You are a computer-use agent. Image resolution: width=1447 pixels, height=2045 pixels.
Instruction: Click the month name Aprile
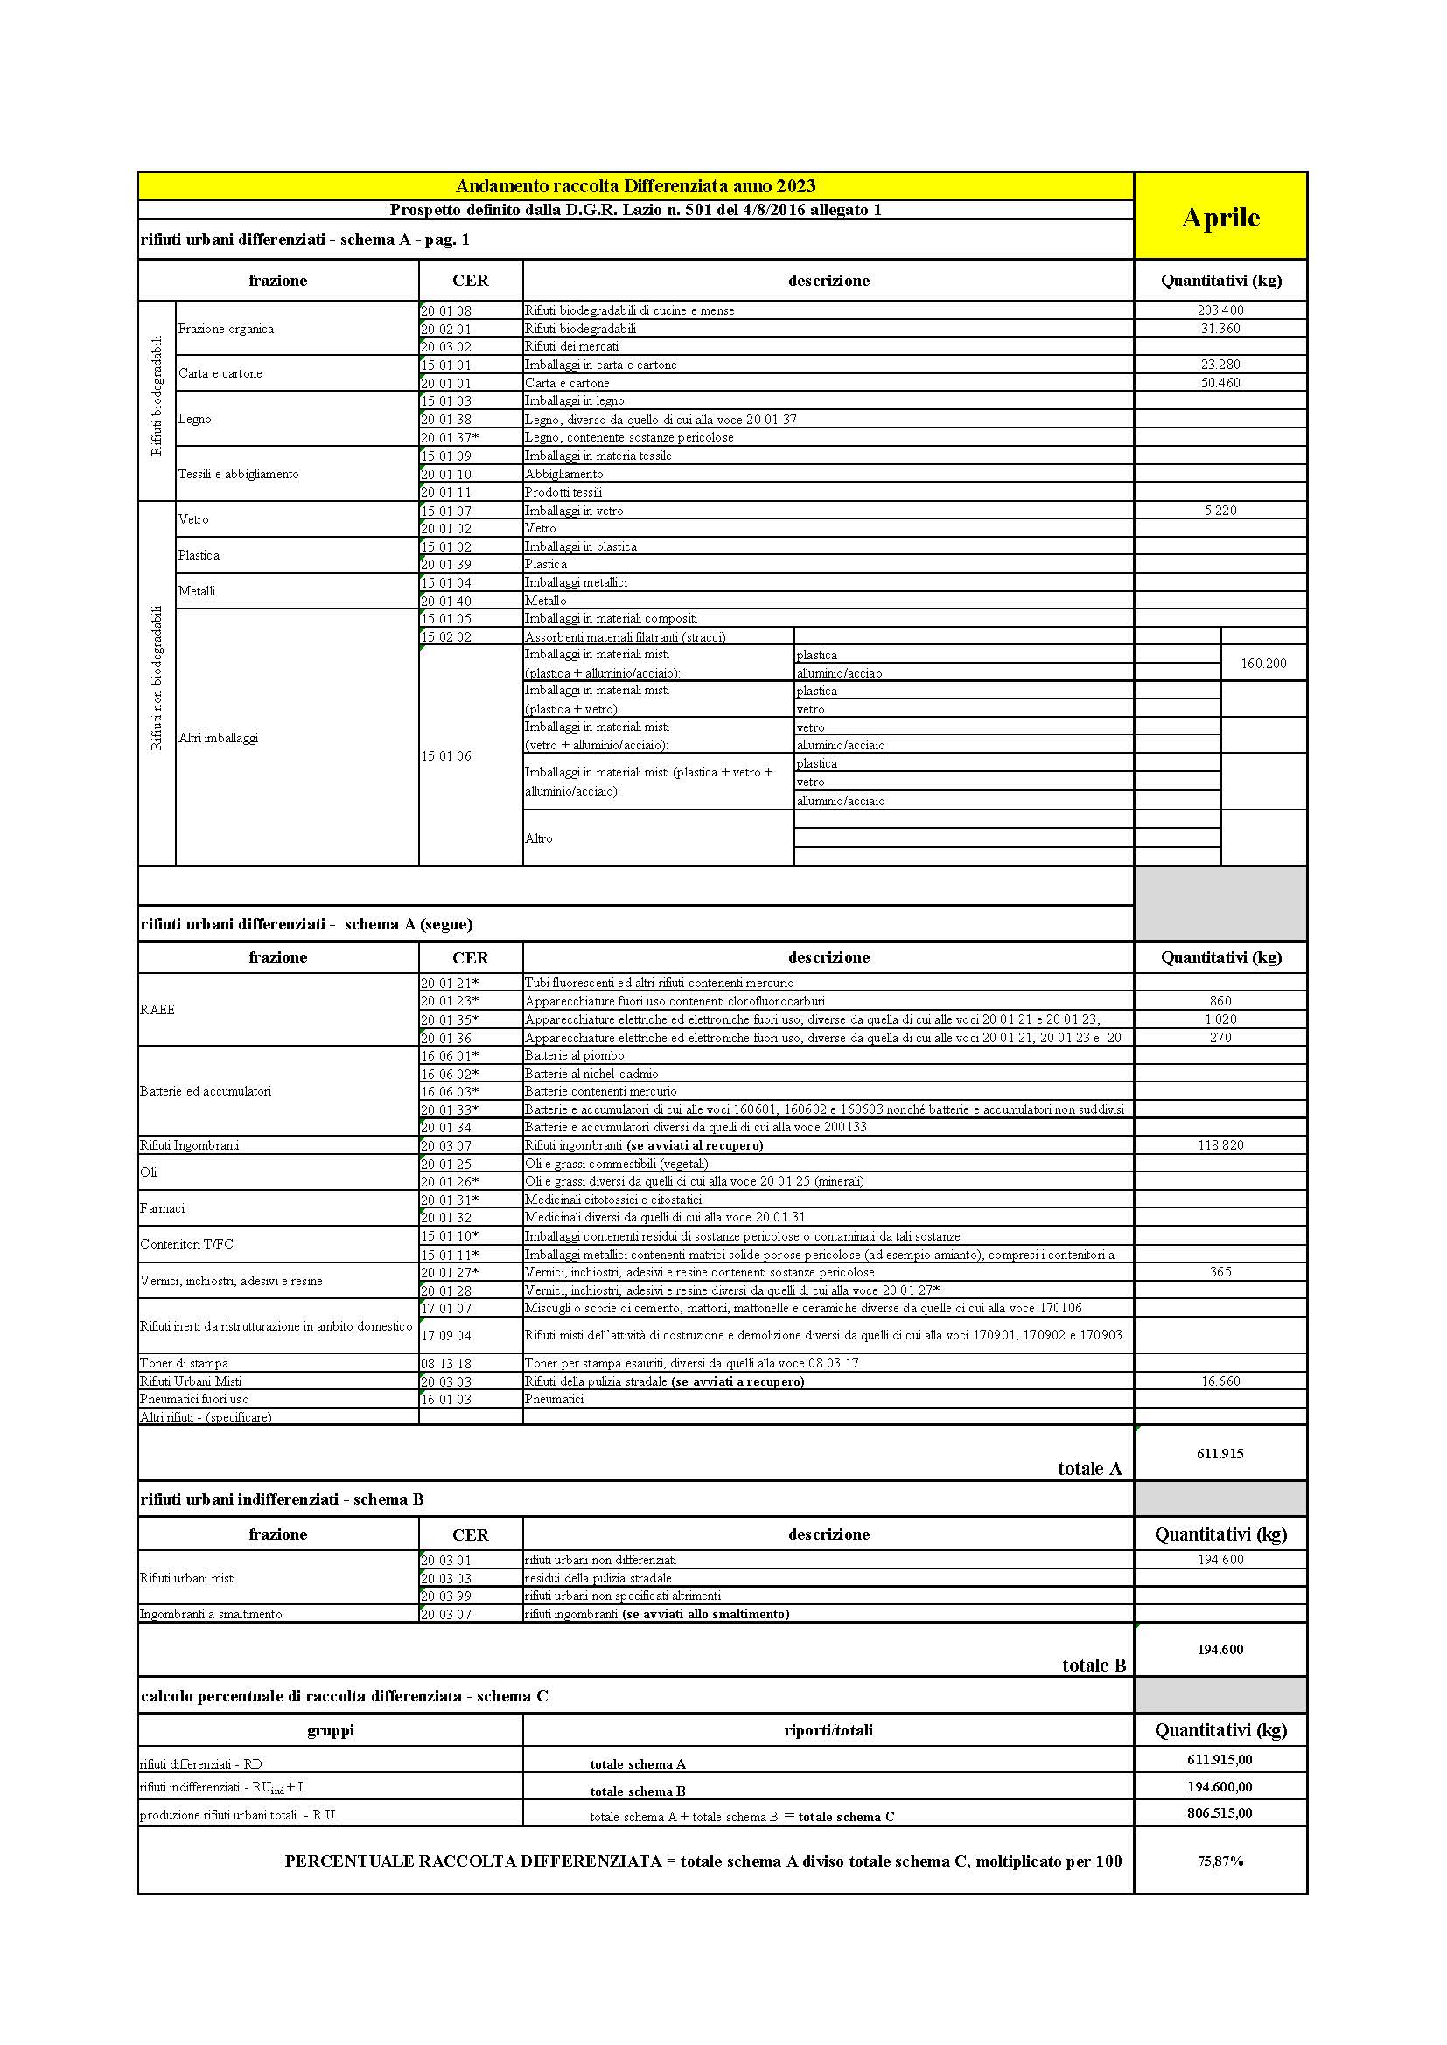click(x=1220, y=218)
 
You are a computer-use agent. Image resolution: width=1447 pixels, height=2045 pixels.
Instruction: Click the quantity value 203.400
click(x=1220, y=310)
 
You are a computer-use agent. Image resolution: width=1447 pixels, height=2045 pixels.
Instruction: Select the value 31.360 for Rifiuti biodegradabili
click(x=1220, y=329)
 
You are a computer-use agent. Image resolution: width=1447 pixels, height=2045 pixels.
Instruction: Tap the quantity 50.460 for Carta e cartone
click(x=1220, y=383)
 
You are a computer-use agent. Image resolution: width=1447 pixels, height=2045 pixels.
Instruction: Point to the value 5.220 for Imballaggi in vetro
click(x=1220, y=511)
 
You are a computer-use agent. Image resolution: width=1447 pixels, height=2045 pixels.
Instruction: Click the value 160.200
click(x=1262, y=664)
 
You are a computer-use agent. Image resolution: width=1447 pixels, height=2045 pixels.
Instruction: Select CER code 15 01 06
click(x=445, y=756)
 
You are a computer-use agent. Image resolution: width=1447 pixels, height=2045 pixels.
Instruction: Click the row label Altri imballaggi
click(x=219, y=739)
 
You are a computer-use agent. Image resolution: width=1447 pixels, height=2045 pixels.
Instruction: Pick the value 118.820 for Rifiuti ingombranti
click(x=1220, y=1145)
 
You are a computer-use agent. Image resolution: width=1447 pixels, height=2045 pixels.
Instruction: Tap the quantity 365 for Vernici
click(x=1220, y=1272)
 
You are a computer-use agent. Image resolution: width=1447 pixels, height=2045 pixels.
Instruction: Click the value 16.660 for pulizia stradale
click(x=1220, y=1381)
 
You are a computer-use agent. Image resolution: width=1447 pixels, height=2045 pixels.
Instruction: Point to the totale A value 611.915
click(x=1220, y=1454)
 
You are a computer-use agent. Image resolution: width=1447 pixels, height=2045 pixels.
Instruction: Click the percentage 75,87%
click(x=1220, y=1861)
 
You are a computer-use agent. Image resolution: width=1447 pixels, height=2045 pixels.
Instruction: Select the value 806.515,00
click(x=1220, y=1813)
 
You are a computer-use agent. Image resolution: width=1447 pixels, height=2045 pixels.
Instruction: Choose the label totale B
click(x=1094, y=1666)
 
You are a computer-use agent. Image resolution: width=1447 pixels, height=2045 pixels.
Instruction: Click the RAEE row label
click(x=157, y=1010)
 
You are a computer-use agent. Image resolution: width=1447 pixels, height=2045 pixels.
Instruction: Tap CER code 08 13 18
click(x=445, y=1364)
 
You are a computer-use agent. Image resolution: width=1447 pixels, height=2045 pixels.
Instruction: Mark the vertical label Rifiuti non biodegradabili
click(x=157, y=678)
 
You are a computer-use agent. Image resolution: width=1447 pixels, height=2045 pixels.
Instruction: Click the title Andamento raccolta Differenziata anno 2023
click(x=635, y=186)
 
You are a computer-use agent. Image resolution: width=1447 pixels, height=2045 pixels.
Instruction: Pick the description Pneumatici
click(x=554, y=1399)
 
